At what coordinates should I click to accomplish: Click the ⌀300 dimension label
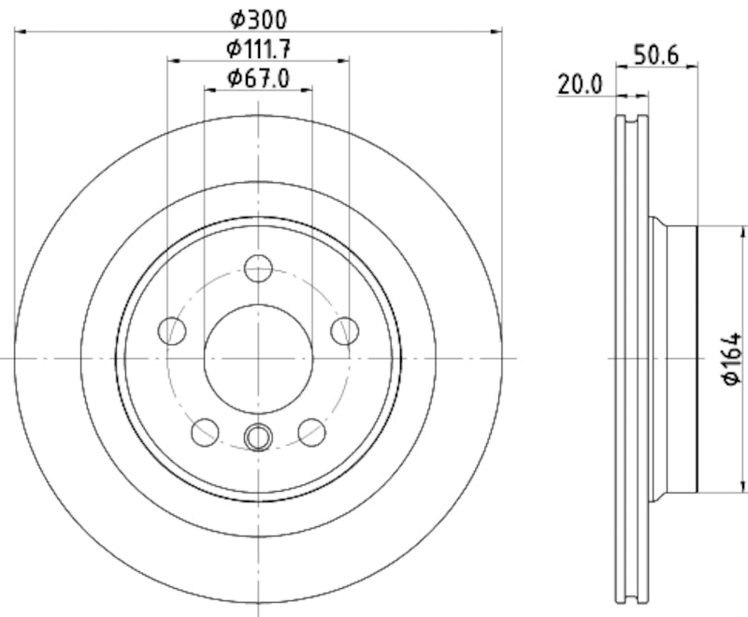pyautogui.click(x=258, y=18)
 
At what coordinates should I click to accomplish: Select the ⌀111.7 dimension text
pyautogui.click(x=258, y=49)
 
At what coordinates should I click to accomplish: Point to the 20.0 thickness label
pyautogui.click(x=579, y=84)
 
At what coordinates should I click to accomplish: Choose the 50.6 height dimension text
pyautogui.click(x=655, y=55)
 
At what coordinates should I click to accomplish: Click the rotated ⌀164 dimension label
pyautogui.click(x=732, y=359)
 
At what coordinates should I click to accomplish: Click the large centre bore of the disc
pyautogui.click(x=258, y=358)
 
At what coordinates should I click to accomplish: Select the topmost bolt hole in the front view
pyautogui.click(x=258, y=268)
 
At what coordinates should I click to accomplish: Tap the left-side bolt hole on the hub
pyautogui.click(x=173, y=330)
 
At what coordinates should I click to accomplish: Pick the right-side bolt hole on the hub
pyautogui.click(x=344, y=330)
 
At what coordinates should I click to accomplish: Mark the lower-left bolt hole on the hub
pyautogui.click(x=205, y=431)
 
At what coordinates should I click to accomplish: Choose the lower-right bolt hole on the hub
pyautogui.click(x=311, y=431)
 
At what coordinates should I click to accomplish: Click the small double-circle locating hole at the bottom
pyautogui.click(x=258, y=436)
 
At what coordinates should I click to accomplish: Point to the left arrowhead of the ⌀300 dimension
pyautogui.click(x=22, y=32)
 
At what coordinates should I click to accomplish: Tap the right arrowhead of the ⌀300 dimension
pyautogui.click(x=496, y=32)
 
